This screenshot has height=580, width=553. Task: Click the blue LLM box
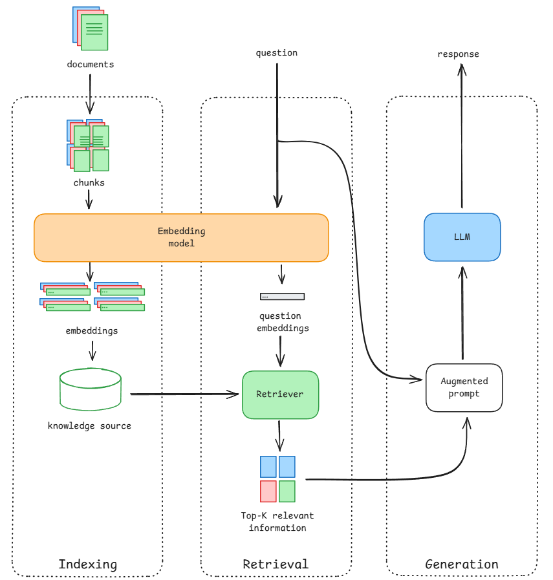pyautogui.click(x=462, y=237)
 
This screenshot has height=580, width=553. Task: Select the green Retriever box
pyautogui.click(x=279, y=394)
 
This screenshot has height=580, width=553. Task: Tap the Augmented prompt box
pyautogui.click(x=464, y=387)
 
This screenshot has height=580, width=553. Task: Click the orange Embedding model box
pyautogui.click(x=181, y=237)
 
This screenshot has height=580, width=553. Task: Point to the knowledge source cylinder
pyautogui.click(x=90, y=390)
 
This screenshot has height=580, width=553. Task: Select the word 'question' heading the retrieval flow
pyautogui.click(x=277, y=53)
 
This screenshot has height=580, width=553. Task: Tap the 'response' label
pyautogui.click(x=458, y=54)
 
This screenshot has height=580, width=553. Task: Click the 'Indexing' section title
pyautogui.click(x=88, y=564)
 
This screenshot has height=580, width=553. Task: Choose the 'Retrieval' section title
pyautogui.click(x=276, y=564)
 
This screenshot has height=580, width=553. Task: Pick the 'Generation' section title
pyautogui.click(x=462, y=564)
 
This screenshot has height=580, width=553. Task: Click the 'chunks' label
pyautogui.click(x=89, y=183)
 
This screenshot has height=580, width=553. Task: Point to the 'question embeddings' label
pyautogui.click(x=280, y=322)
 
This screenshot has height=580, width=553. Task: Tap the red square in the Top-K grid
pyautogui.click(x=268, y=491)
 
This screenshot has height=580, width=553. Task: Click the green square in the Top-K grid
pyautogui.click(x=287, y=491)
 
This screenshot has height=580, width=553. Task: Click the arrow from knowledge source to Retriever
pyautogui.click(x=184, y=393)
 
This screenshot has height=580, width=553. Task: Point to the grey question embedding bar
pyautogui.click(x=282, y=296)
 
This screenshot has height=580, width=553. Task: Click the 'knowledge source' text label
pyautogui.click(x=89, y=426)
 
